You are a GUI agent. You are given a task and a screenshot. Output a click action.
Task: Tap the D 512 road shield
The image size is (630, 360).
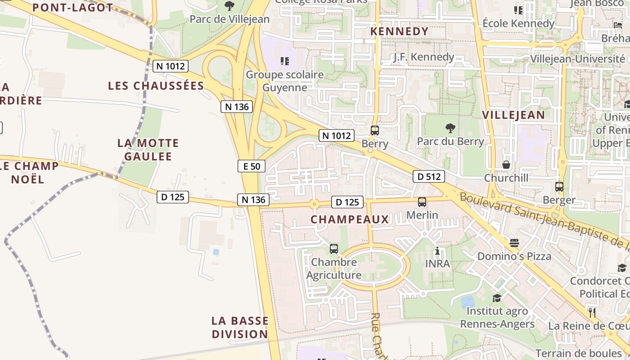(429, 176)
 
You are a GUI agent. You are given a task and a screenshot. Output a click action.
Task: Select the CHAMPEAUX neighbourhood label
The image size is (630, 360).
(350, 219)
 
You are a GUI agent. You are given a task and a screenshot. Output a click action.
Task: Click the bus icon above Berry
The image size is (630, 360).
(374, 130)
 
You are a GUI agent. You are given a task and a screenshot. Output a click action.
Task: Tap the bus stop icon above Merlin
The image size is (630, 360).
(422, 202)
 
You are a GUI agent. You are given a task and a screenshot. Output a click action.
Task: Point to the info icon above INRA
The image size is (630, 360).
(437, 251)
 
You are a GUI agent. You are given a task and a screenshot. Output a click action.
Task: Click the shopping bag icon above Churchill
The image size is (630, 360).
(506, 165)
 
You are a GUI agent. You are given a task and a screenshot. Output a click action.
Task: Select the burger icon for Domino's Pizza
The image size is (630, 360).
(514, 243)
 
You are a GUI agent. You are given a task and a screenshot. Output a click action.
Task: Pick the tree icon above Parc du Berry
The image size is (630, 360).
(450, 128)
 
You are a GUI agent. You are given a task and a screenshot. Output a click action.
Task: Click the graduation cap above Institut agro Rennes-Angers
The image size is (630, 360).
(497, 298)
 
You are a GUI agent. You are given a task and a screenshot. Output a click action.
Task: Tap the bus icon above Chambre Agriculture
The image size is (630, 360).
(334, 248)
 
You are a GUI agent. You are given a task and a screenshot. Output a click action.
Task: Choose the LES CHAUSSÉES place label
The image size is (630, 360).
(156, 85)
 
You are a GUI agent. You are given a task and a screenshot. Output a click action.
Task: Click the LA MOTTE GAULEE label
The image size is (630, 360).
(148, 150)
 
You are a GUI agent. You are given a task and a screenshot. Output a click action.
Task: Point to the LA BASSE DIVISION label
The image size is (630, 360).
(240, 327)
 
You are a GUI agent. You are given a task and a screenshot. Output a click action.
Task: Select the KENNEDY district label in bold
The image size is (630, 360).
(399, 31)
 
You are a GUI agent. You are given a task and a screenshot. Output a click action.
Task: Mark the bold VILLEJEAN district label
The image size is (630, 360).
(513, 114)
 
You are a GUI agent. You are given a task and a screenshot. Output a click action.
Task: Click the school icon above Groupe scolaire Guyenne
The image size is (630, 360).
(284, 61)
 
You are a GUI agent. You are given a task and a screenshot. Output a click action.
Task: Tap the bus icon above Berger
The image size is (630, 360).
(559, 186)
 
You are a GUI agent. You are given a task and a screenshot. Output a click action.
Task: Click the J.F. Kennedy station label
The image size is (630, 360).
(423, 57)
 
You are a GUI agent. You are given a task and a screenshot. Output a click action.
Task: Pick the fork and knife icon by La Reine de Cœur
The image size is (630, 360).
(592, 312)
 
